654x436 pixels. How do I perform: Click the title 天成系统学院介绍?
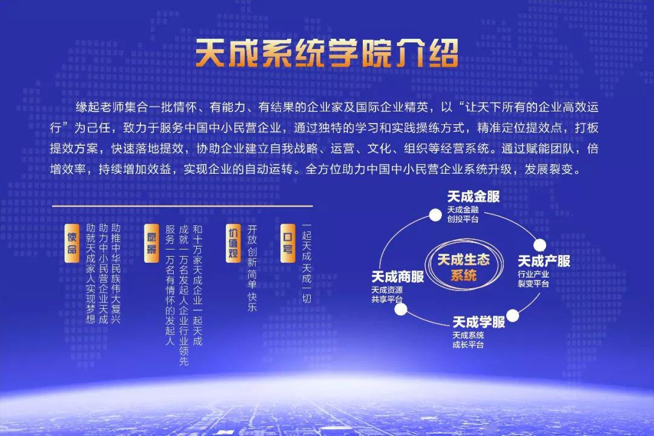pyautogui.click(x=327, y=53)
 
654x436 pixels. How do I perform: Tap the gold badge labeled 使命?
pyautogui.click(x=71, y=243)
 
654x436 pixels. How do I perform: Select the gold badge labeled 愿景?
pyautogui.click(x=151, y=243)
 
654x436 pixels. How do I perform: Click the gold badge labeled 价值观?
pyautogui.click(x=233, y=243)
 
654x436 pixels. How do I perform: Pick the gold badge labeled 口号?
pyautogui.click(x=288, y=243)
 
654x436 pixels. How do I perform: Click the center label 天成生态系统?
pyautogui.click(x=463, y=268)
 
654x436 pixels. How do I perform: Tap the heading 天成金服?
pyautogui.click(x=474, y=197)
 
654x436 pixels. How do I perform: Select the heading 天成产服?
pyautogui.click(x=544, y=261)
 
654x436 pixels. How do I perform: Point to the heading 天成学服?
pyautogui.click(x=479, y=322)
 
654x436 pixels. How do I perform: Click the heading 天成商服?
pyautogui.click(x=397, y=277)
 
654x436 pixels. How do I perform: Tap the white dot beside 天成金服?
pyautogui.click(x=435, y=215)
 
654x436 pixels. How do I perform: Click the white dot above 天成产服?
pyautogui.click(x=540, y=245)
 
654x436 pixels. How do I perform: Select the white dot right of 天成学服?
pyautogui.click(x=513, y=316)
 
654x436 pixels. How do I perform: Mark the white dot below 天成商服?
pyautogui.click(x=401, y=309)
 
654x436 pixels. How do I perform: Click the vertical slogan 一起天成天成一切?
pyautogui.click(x=306, y=263)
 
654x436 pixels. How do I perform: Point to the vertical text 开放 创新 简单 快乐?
pyautogui.click(x=252, y=268)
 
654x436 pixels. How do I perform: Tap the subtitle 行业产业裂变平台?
pyautogui.click(x=533, y=279)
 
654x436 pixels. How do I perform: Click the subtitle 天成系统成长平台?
pyautogui.click(x=468, y=340)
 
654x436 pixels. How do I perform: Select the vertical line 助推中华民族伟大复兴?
pyautogui.click(x=116, y=274)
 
